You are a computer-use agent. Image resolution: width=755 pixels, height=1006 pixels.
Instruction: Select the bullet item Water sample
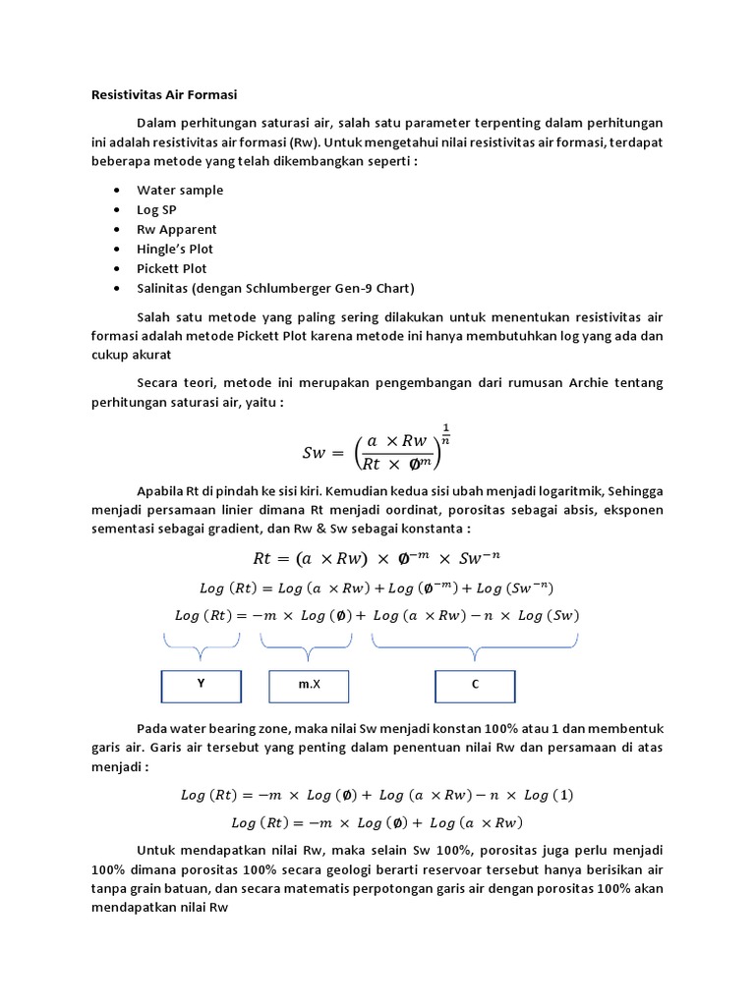tap(180, 190)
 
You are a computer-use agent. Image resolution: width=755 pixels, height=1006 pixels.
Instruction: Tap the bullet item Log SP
tap(156, 209)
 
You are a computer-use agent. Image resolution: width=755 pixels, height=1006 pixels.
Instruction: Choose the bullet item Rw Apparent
tap(177, 229)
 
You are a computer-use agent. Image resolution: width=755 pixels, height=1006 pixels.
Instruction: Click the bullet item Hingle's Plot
tap(175, 249)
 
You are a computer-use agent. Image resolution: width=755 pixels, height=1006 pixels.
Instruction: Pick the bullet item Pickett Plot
tap(172, 268)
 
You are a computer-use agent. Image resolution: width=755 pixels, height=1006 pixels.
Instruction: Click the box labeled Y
tap(201, 685)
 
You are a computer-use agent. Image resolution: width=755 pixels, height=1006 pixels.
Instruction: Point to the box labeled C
tap(475, 685)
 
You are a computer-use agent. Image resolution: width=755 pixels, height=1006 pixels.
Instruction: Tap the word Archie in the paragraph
tap(589, 384)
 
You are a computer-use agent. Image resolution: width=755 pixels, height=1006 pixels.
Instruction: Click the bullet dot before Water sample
tap(118, 190)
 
